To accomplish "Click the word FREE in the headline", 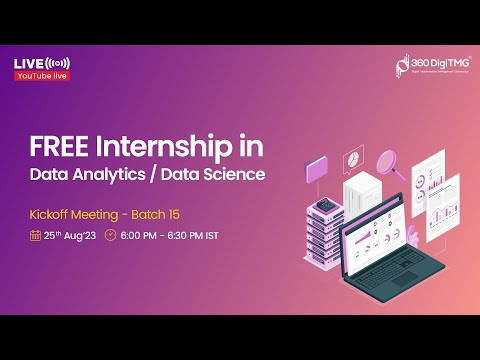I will click(57, 147).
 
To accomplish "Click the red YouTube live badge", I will click(42, 76).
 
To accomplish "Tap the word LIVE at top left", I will click(28, 64).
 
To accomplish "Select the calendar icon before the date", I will click(36, 236).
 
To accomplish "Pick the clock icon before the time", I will click(110, 236).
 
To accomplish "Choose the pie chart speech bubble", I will click(352, 161).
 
